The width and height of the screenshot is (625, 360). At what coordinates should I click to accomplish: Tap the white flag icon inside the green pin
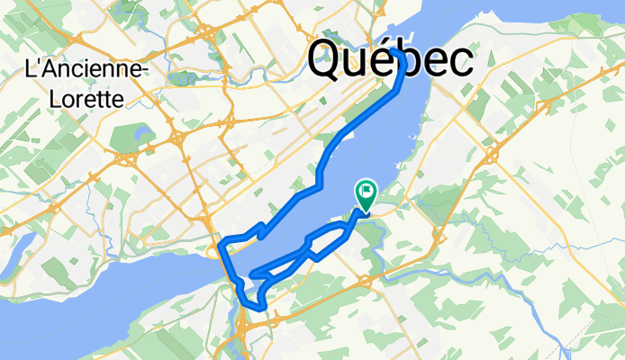point(367,191)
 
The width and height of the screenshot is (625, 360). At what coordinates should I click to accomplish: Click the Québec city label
point(390,60)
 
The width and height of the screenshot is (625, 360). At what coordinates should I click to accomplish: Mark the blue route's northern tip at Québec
point(396,51)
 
